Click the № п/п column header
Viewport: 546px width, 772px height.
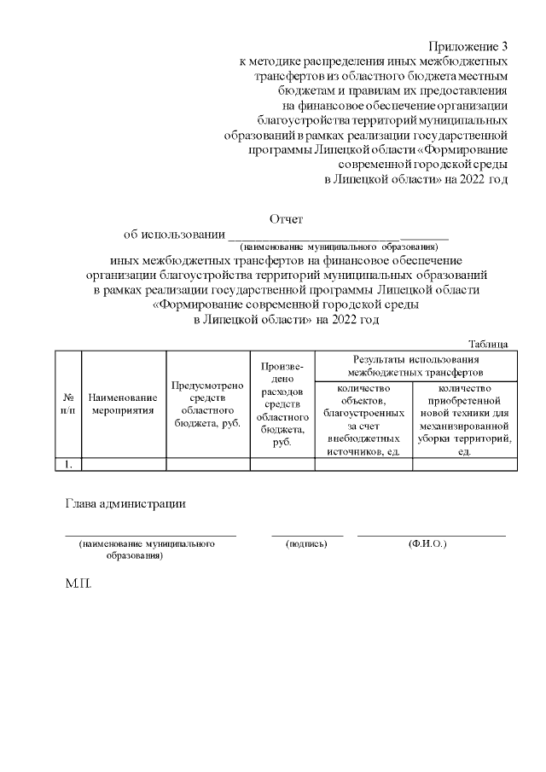pyautogui.click(x=68, y=403)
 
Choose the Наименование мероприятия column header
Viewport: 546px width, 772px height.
pyautogui.click(x=123, y=403)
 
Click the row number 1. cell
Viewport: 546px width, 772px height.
pyautogui.click(x=68, y=464)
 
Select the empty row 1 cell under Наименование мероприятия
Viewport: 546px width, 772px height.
pyautogui.click(x=123, y=464)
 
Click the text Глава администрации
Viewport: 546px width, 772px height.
pyautogui.click(x=125, y=502)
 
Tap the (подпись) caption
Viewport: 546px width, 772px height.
pyautogui.click(x=306, y=543)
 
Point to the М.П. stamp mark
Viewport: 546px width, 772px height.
pyautogui.click(x=78, y=588)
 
